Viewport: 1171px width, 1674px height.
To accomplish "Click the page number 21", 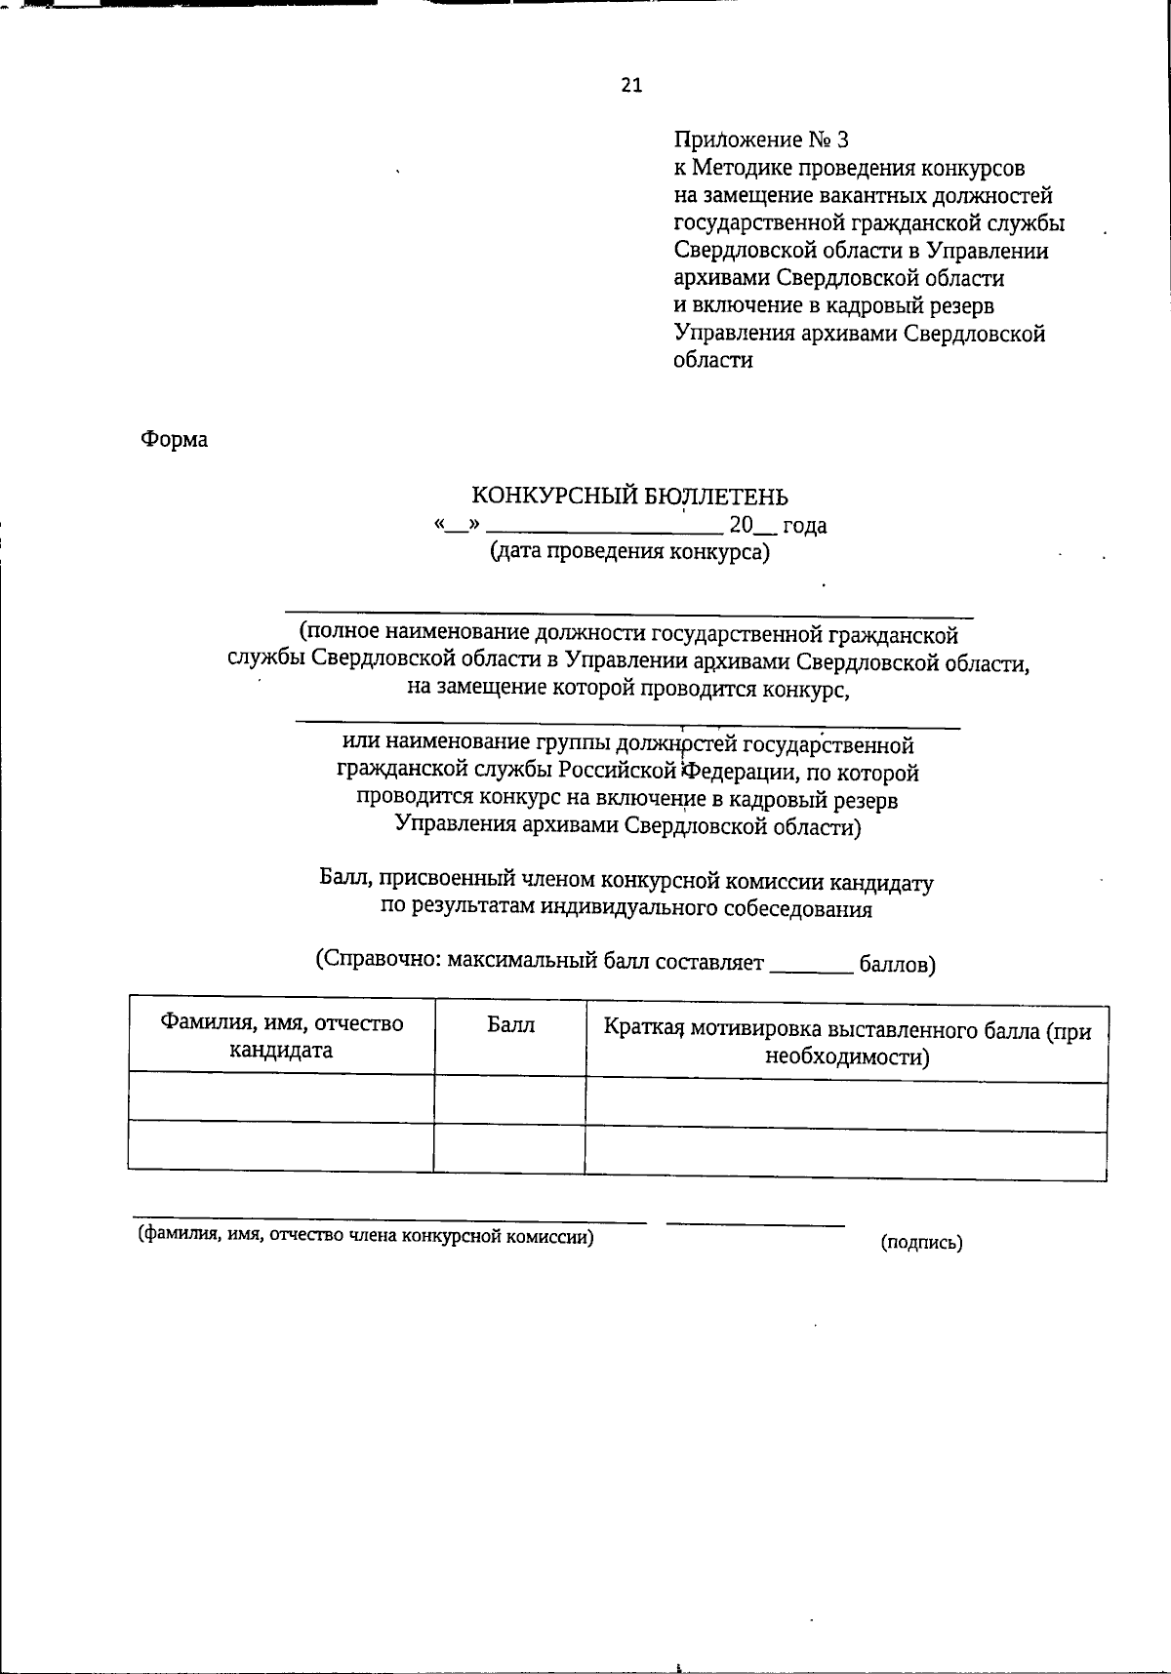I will point(631,86).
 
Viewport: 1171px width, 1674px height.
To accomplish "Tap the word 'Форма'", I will point(175,440).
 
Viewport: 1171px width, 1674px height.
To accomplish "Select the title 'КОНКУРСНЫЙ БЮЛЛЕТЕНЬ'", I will point(630,498).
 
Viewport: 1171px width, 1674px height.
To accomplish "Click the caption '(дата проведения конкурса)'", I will point(629,553).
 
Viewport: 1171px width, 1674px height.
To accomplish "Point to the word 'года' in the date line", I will point(805,526).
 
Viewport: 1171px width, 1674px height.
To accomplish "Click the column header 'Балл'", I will point(510,1025).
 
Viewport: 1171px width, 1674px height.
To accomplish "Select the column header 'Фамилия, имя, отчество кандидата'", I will point(281,1037).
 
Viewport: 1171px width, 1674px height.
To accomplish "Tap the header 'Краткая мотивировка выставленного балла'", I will point(847,1043).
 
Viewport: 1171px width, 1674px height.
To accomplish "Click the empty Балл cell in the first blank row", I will point(509,1098).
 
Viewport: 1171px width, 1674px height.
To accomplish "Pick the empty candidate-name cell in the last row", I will point(281,1146).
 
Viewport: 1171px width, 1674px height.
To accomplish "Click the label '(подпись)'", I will point(921,1244).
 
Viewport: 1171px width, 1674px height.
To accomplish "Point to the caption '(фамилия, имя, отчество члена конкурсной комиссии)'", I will point(365,1237).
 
